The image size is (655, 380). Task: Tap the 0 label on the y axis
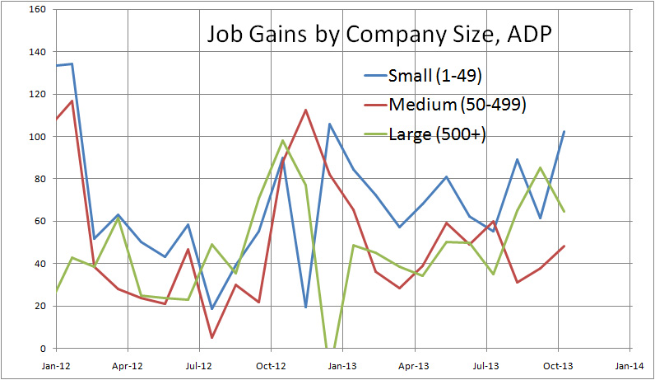(x=44, y=349)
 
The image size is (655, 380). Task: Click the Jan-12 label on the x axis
(x=56, y=362)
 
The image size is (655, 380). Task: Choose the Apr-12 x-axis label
(x=128, y=362)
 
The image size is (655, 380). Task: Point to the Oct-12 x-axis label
(x=271, y=362)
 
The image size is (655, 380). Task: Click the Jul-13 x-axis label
(x=485, y=362)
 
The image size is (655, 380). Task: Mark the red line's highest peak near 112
(x=305, y=110)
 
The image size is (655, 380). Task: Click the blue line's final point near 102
(x=564, y=131)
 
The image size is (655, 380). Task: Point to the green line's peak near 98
(x=282, y=140)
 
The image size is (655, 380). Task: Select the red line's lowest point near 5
(x=211, y=337)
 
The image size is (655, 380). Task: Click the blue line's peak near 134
(x=72, y=63)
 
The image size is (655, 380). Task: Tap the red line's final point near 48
(x=564, y=246)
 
